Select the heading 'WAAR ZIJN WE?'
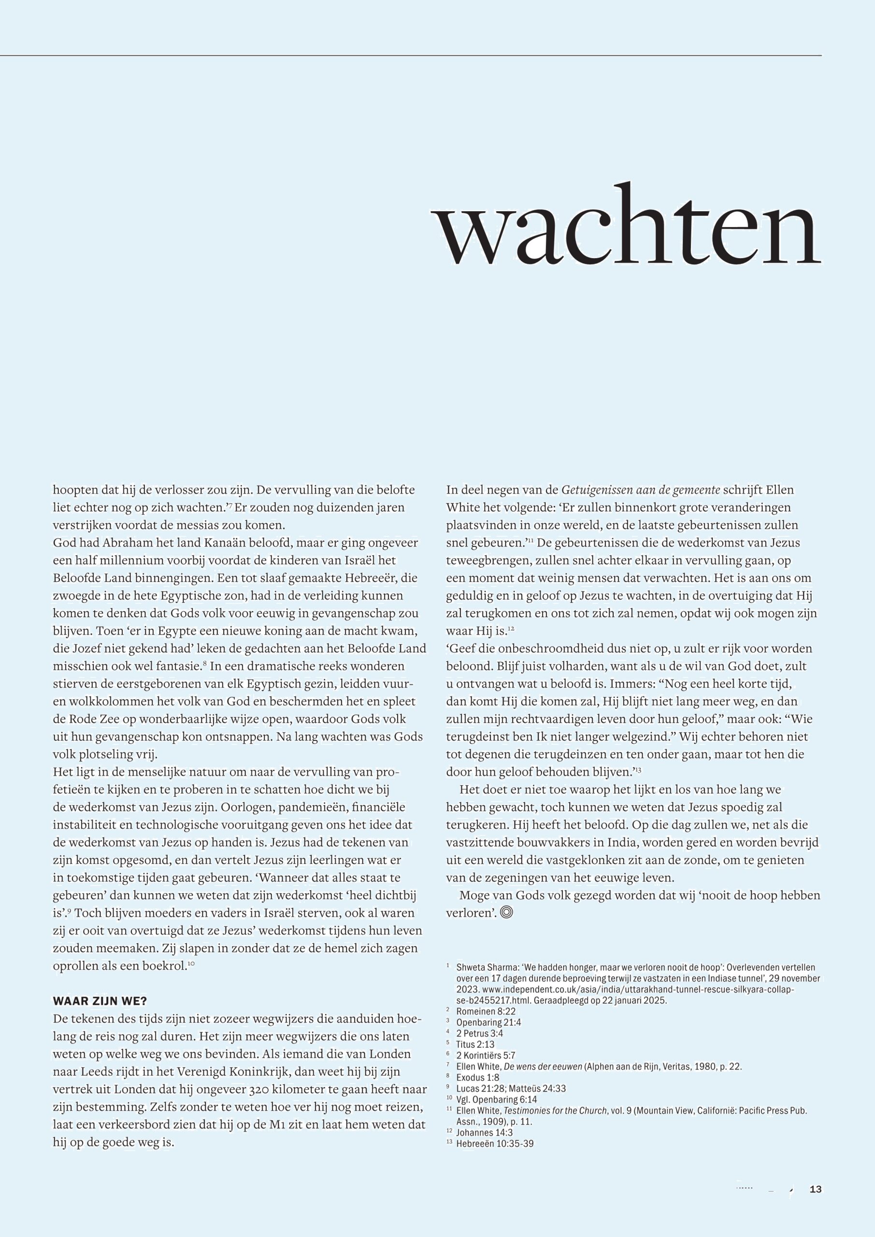click(100, 1001)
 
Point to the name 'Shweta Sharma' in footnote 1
click(487, 967)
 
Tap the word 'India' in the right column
click(590, 842)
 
